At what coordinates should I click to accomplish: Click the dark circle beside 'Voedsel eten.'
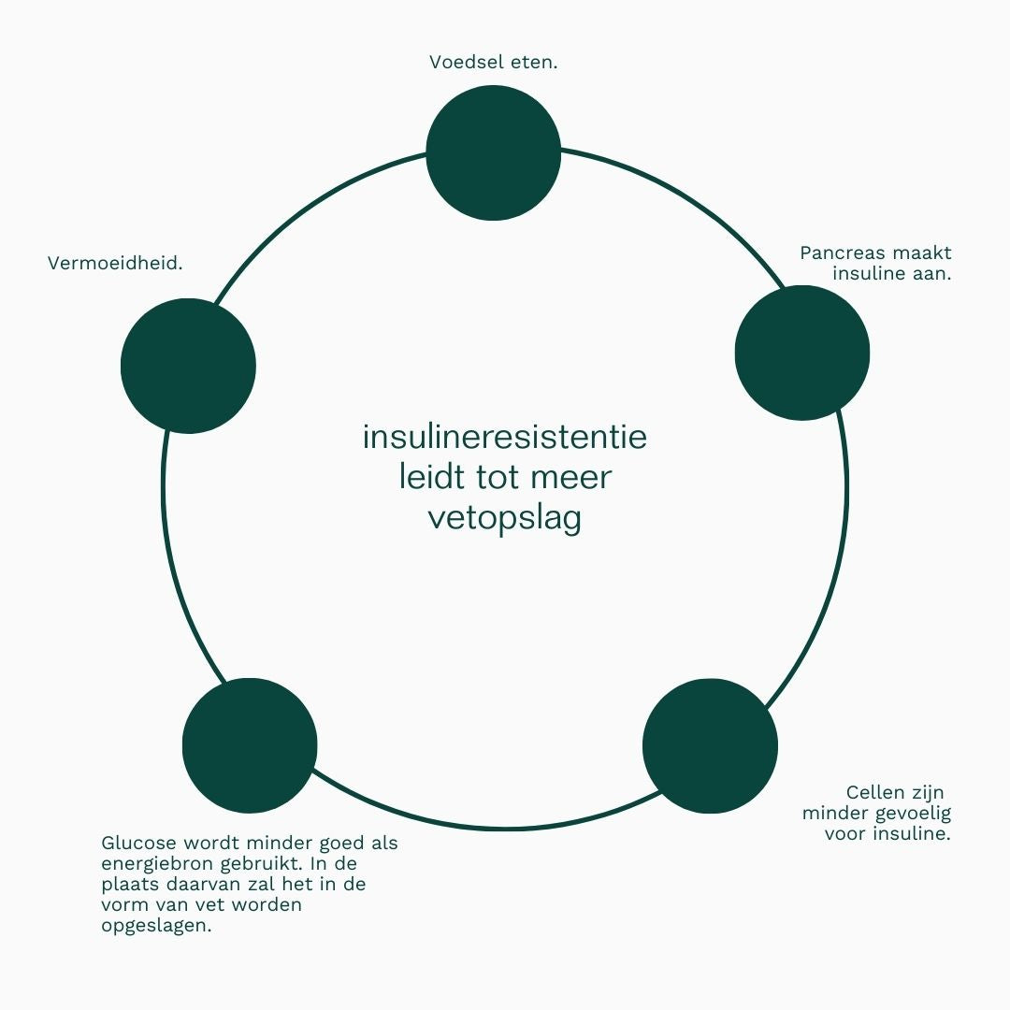point(493,153)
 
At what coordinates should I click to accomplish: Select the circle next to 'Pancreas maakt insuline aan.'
point(802,353)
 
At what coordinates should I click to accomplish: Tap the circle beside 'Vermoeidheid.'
point(188,366)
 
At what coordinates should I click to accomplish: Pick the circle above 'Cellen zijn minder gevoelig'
point(711,745)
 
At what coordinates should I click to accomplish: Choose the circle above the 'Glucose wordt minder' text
point(250,745)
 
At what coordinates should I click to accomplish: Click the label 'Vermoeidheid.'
point(115,264)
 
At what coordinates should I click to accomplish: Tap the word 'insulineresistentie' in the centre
point(504,437)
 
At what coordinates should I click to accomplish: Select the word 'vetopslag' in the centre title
point(504,517)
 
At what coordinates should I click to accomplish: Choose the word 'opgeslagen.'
point(156,926)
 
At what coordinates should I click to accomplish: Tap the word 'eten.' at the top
point(536,63)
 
